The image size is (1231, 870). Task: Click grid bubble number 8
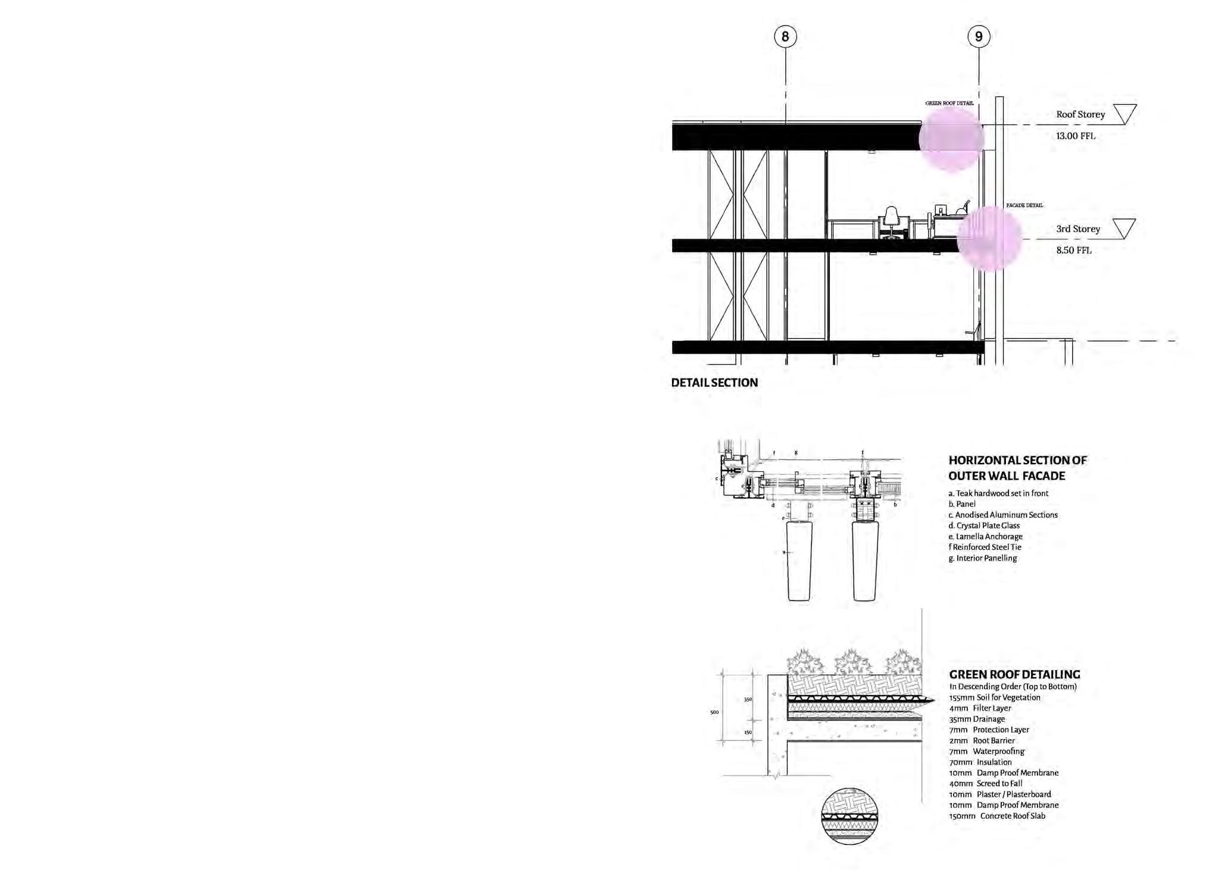(785, 37)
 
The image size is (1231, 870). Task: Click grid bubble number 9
(979, 37)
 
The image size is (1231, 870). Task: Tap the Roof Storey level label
(1080, 114)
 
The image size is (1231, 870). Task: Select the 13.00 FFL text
(1075, 136)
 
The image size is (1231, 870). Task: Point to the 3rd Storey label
(1077, 229)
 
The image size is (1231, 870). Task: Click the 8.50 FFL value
(1073, 250)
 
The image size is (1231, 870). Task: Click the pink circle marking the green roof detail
(951, 139)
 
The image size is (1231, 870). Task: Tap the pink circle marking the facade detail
(989, 239)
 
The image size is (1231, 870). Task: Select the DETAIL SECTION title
(714, 383)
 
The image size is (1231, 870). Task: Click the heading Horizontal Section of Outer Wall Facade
(1017, 468)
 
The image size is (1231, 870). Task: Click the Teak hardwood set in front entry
(998, 493)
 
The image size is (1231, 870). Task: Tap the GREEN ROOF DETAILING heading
(1014, 674)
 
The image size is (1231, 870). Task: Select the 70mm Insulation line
(980, 762)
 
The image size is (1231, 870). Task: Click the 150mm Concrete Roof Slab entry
(996, 816)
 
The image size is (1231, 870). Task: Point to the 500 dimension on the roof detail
(714, 712)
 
